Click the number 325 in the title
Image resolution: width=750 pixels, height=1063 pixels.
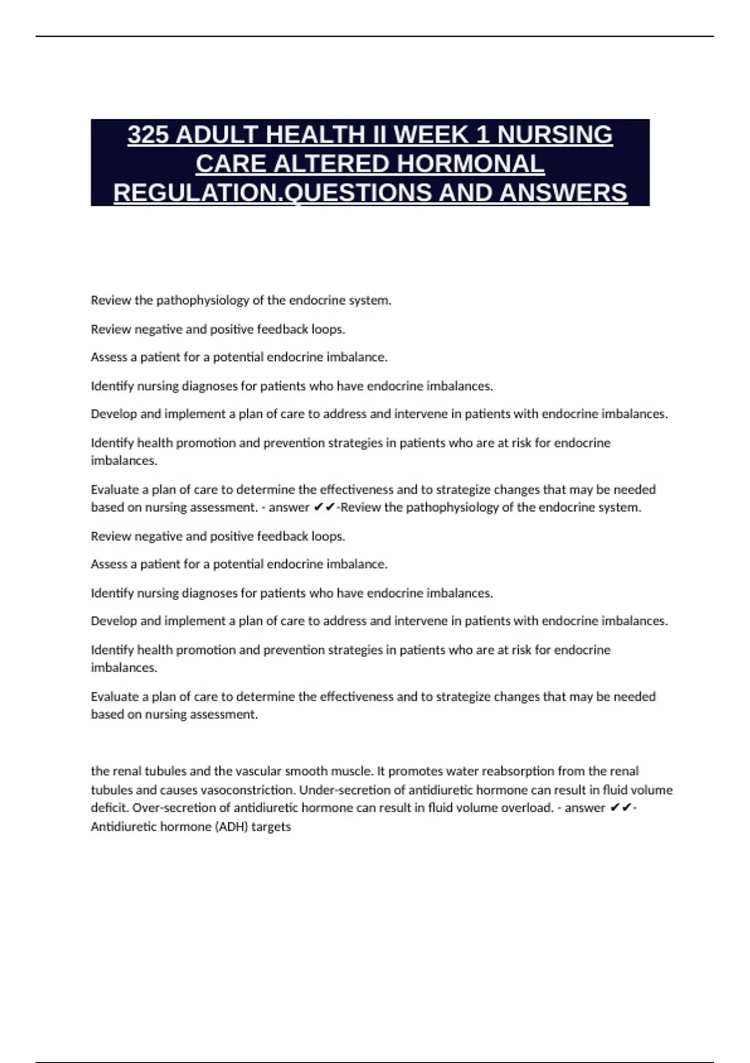(x=149, y=135)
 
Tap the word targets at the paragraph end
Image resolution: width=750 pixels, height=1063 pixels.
(x=271, y=827)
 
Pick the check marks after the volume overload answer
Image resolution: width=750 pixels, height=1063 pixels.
(x=620, y=808)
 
